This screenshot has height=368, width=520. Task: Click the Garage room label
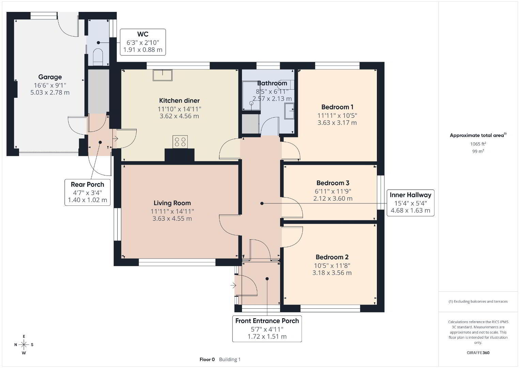click(x=50, y=77)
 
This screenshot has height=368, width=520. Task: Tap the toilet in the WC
click(x=98, y=57)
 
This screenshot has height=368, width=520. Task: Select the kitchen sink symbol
click(x=163, y=75)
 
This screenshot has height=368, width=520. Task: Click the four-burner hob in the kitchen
click(x=180, y=142)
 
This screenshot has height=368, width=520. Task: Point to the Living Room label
click(x=172, y=203)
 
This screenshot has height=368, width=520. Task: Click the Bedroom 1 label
click(x=337, y=107)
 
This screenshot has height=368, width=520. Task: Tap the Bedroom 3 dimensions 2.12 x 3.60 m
click(x=333, y=199)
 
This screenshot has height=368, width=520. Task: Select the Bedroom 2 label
click(x=332, y=257)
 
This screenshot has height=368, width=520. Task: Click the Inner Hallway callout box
click(x=410, y=203)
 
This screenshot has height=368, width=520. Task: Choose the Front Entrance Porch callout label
click(x=267, y=321)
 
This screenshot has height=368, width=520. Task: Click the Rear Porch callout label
click(x=88, y=185)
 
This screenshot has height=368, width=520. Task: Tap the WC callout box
click(x=143, y=42)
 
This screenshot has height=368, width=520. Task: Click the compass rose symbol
click(x=24, y=344)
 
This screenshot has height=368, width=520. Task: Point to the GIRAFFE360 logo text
click(x=478, y=353)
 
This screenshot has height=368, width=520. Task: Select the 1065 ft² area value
click(x=478, y=144)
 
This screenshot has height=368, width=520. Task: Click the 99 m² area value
click(x=478, y=151)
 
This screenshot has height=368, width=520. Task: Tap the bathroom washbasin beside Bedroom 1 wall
click(x=289, y=111)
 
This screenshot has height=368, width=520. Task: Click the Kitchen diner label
click(x=180, y=101)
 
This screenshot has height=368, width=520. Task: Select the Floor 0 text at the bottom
click(x=207, y=359)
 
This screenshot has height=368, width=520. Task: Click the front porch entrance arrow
click(x=233, y=285)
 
